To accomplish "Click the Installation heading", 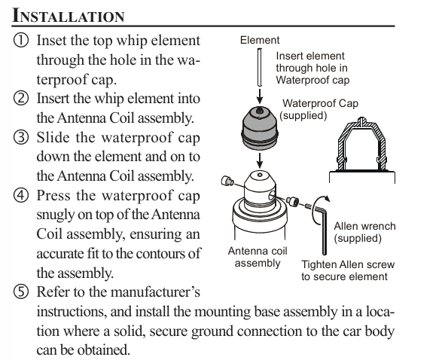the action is coord(69,15).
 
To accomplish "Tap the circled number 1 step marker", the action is coord(21,41).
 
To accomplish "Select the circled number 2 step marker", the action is coord(21,99).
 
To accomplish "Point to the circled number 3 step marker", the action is coord(21,138).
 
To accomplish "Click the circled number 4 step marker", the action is coord(21,195).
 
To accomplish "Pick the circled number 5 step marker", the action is coord(21,291).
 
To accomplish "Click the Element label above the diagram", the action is coord(260,40).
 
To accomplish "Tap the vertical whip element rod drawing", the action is coord(260,67).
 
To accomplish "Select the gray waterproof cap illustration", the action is coord(260,128).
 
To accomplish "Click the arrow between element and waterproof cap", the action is coord(260,96).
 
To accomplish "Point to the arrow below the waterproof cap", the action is coord(260,160).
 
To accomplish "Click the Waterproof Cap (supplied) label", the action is coord(319,109).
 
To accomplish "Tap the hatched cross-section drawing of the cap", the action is coord(362,144).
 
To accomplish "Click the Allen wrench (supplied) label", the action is coord(364,232).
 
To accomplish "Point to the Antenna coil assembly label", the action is coord(258,257).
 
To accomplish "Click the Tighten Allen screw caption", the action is coord(348,270).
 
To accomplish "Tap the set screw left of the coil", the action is coord(227,181).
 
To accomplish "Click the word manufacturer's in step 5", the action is coord(155,291).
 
